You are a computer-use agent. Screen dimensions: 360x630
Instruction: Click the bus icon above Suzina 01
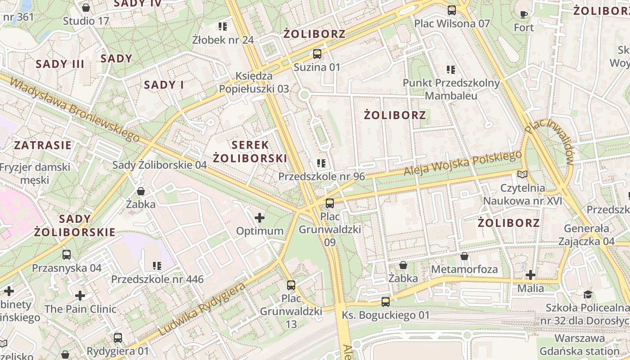317,54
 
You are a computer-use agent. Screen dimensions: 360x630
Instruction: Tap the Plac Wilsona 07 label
452,23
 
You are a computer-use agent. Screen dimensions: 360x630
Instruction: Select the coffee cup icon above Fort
524,14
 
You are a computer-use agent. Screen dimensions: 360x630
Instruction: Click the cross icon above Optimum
260,218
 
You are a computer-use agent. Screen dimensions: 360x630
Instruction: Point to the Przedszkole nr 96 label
321,176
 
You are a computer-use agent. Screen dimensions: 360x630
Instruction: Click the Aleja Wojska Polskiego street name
462,163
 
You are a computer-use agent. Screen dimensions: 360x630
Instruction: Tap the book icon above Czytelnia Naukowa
522,174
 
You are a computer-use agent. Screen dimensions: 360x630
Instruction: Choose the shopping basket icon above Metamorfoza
464,256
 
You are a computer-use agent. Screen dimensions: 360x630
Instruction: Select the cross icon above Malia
531,274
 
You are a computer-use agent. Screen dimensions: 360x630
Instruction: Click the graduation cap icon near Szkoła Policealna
588,295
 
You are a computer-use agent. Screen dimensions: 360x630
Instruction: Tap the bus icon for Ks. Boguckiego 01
386,302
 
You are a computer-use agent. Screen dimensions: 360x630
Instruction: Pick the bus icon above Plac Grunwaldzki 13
291,285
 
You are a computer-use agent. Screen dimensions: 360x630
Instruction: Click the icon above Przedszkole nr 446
157,266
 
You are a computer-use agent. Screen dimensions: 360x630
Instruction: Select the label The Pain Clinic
80,309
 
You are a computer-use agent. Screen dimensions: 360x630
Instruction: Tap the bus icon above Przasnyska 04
67,255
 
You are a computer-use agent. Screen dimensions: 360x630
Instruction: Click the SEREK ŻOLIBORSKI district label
250,152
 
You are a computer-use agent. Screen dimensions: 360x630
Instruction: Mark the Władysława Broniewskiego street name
74,110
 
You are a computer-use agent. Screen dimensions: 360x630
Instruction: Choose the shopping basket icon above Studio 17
86,8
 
